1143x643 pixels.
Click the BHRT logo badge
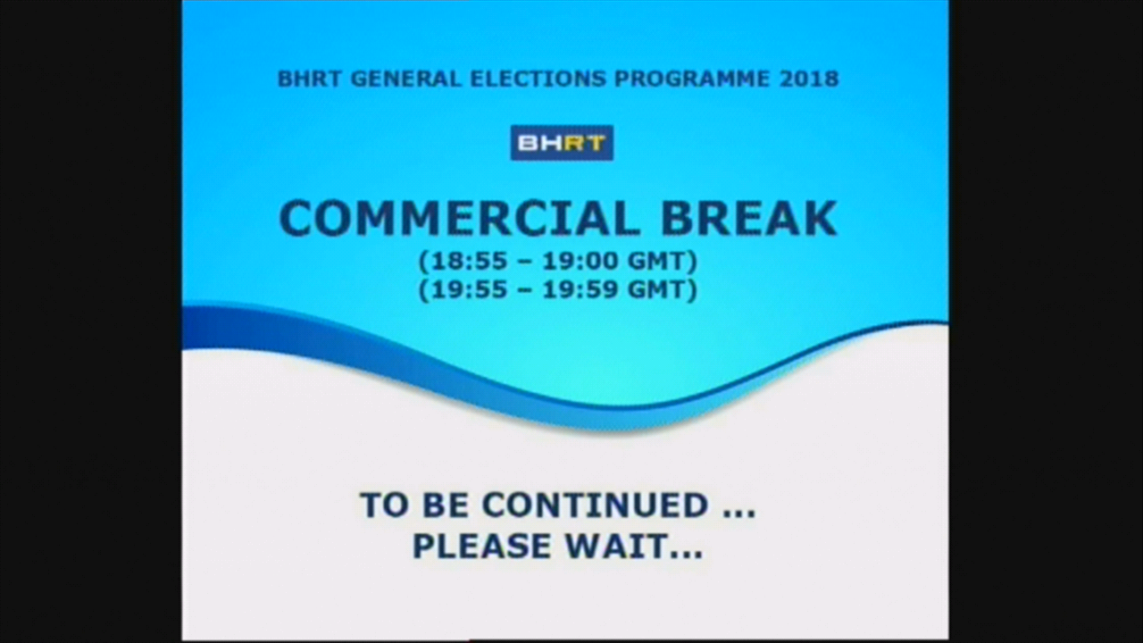click(562, 143)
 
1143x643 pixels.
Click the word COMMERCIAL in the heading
click(459, 219)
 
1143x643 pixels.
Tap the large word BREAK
click(749, 219)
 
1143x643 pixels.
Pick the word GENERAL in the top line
click(406, 79)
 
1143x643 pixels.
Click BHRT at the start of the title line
click(310, 79)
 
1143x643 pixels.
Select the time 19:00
click(580, 262)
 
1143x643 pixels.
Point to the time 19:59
click(580, 290)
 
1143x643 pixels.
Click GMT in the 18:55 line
click(658, 262)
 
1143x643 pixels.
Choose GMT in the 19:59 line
click(658, 290)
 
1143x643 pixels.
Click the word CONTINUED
click(596, 505)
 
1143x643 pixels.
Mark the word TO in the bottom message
click(386, 505)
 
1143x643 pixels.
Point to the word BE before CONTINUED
click(446, 505)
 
